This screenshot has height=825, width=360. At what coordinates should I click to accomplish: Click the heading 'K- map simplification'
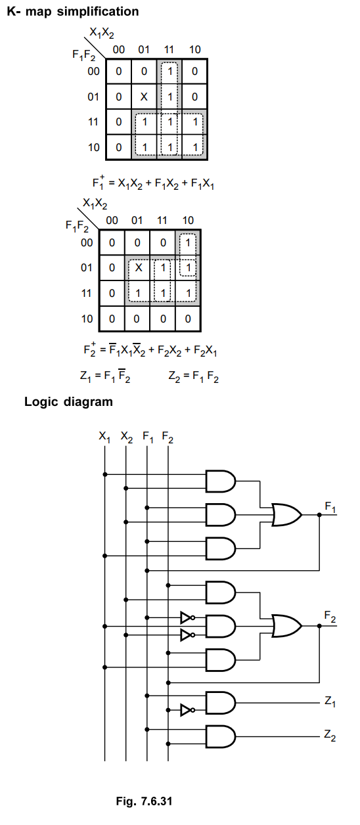(x=72, y=12)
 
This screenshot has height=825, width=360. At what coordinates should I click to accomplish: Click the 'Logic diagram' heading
(x=68, y=402)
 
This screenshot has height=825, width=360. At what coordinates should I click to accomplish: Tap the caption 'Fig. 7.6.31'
(x=144, y=801)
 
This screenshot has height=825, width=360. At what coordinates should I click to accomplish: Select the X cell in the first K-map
(x=144, y=97)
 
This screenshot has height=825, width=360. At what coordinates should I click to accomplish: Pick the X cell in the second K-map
(x=138, y=268)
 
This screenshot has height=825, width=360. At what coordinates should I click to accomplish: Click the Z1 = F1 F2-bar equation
(x=105, y=376)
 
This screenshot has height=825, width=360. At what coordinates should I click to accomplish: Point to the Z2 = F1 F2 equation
(x=193, y=377)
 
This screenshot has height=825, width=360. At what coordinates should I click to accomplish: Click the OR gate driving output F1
(x=286, y=514)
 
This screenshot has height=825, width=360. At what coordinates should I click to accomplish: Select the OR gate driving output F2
(x=286, y=626)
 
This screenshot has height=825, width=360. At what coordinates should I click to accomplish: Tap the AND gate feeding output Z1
(x=220, y=703)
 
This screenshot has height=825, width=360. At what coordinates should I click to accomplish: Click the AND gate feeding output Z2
(x=220, y=736)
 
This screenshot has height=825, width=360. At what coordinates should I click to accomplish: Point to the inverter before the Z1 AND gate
(x=187, y=709)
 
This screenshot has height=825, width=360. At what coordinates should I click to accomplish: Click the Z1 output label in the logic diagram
(x=330, y=702)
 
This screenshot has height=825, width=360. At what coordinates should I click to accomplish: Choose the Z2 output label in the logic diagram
(x=330, y=735)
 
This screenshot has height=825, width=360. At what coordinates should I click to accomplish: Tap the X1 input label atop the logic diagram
(x=104, y=437)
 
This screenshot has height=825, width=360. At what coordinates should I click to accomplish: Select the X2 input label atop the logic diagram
(x=126, y=437)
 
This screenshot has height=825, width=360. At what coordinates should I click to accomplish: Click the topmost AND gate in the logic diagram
(x=220, y=481)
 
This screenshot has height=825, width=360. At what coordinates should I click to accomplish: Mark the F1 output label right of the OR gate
(x=330, y=508)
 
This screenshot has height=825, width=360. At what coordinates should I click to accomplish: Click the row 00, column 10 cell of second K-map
(x=188, y=243)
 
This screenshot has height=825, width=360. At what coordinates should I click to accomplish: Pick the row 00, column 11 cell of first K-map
(x=169, y=72)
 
